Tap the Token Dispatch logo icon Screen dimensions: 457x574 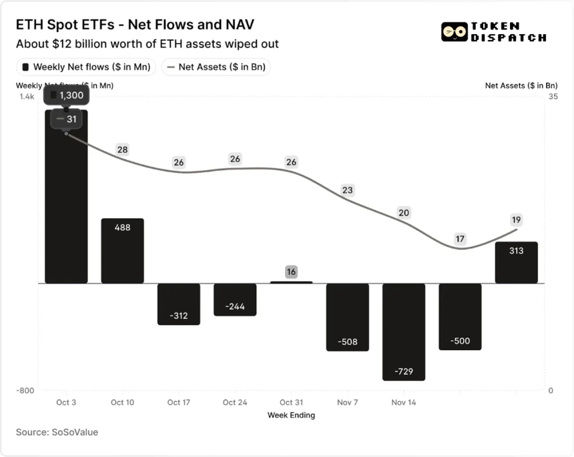pyautogui.click(x=454, y=31)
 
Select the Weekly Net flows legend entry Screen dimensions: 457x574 pyautogui.click(x=86, y=67)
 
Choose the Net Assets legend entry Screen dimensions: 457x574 pyautogui.click(x=216, y=67)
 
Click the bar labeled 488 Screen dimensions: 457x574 pyautogui.click(x=122, y=251)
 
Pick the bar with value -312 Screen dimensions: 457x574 pyautogui.click(x=178, y=304)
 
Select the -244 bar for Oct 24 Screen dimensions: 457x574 pyautogui.click(x=234, y=300)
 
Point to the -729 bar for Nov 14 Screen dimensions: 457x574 pyautogui.click(x=403, y=332)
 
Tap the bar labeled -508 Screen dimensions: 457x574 pyautogui.click(x=347, y=317)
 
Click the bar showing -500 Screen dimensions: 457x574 pyautogui.click(x=459, y=316)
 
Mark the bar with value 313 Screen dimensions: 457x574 pyautogui.click(x=516, y=262)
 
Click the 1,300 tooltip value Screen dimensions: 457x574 pyautogui.click(x=71, y=95)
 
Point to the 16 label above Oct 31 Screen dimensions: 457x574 pyautogui.click(x=291, y=272)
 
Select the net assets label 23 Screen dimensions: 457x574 pyautogui.click(x=347, y=190)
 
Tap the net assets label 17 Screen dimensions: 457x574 pyautogui.click(x=459, y=239)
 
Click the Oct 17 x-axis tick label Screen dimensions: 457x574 pyautogui.click(x=178, y=402)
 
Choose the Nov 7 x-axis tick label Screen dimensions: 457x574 pyautogui.click(x=347, y=402)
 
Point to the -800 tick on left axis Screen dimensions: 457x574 pyautogui.click(x=26, y=391)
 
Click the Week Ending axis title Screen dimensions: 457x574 pyautogui.click(x=291, y=415)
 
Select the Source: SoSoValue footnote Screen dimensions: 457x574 pyautogui.click(x=57, y=432)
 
